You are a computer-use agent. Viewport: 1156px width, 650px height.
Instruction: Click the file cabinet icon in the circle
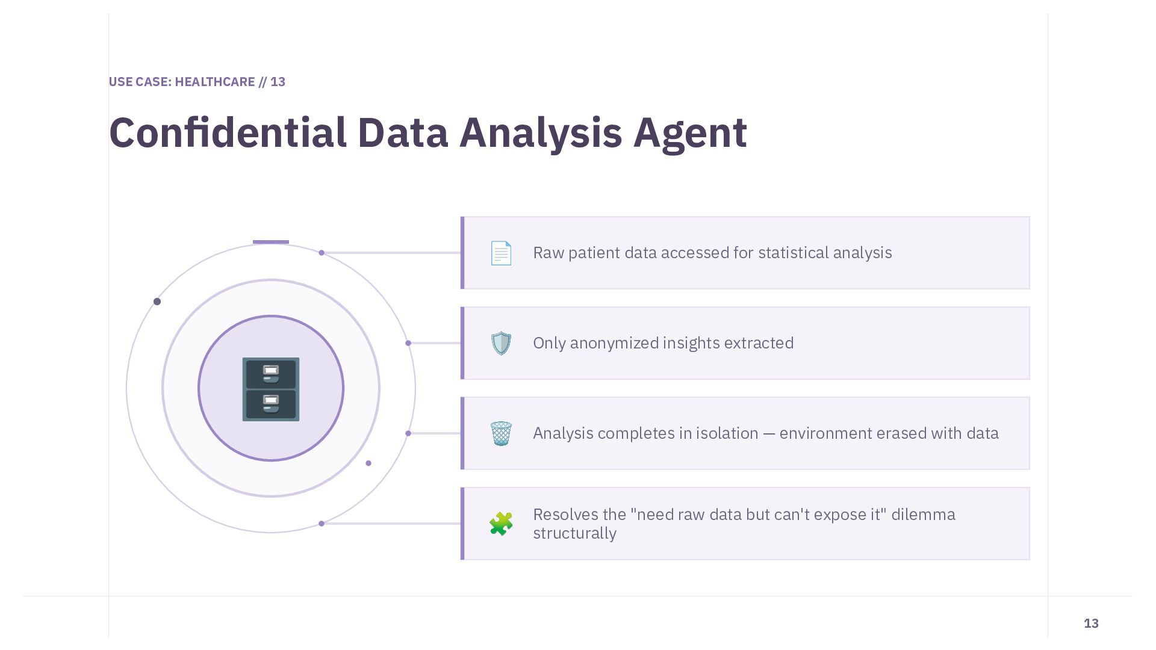pos(271,389)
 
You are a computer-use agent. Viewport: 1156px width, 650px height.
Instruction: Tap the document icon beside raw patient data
pos(501,253)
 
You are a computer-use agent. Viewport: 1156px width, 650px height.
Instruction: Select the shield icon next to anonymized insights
pos(501,343)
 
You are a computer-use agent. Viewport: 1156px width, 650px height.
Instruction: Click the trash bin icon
pos(501,433)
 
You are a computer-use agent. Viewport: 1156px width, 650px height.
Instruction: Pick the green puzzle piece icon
pos(501,524)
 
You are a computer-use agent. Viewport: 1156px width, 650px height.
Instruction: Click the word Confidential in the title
pos(228,132)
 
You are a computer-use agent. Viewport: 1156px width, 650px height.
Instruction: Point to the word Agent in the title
pos(690,132)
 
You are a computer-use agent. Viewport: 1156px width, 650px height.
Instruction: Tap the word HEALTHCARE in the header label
pos(215,82)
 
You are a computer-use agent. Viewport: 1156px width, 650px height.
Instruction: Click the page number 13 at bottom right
pos(1091,624)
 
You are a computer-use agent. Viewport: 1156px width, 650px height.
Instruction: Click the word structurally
pos(574,533)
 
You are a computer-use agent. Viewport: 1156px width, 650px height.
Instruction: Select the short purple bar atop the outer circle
pos(271,242)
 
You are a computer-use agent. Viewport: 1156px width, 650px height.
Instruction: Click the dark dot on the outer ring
pos(157,302)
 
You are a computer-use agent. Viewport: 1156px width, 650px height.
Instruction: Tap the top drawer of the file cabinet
pos(271,373)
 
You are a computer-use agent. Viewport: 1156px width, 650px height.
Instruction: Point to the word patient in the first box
pos(594,253)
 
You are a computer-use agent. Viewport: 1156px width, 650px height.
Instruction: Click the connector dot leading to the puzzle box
pos(322,524)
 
